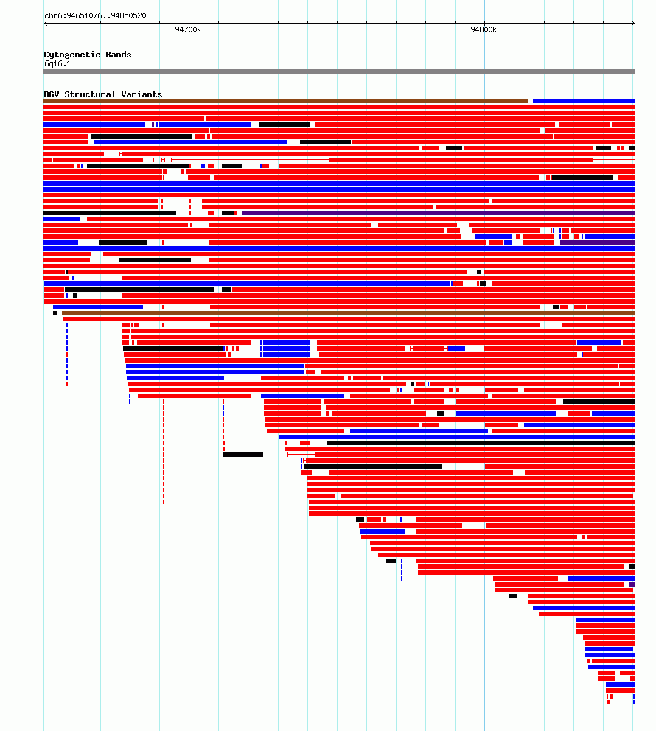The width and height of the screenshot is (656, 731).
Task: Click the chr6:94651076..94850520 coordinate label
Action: [95, 15]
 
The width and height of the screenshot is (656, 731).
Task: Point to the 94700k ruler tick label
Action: [188, 29]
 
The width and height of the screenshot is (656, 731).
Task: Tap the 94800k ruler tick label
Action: [484, 29]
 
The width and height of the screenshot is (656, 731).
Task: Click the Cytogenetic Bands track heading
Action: [88, 55]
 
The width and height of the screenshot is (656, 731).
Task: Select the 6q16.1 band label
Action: [57, 63]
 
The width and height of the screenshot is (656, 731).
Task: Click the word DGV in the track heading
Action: [52, 94]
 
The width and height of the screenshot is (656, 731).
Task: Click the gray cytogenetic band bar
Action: [339, 71]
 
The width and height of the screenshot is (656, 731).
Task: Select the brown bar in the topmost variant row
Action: [286, 101]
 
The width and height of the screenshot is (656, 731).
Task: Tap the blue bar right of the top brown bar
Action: [584, 101]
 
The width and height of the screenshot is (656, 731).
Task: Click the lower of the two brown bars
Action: [349, 313]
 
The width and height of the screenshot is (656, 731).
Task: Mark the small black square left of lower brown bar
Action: [55, 313]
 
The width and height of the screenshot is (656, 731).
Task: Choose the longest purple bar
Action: [439, 213]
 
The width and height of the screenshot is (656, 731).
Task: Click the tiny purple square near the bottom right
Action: [632, 584]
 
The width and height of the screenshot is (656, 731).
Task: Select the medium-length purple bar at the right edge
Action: [598, 242]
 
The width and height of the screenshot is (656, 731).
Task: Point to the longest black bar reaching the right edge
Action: [481, 443]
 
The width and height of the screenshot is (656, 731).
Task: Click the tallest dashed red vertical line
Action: [164, 452]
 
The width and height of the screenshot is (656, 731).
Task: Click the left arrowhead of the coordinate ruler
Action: [46, 23]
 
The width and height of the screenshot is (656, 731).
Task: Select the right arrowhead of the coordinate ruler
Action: [633, 23]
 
